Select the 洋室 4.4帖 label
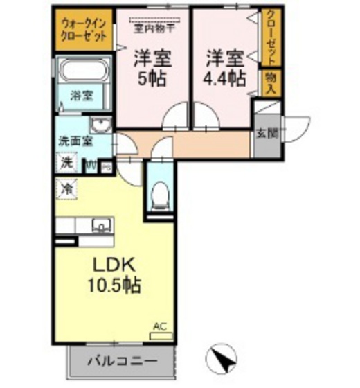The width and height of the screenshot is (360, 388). (224, 67)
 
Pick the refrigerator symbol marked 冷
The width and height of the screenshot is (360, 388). (67, 187)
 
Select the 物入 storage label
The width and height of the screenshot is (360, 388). (269, 82)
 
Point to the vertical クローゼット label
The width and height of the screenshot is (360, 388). (269, 38)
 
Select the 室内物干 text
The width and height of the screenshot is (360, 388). (154, 28)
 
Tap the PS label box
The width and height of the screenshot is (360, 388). (107, 166)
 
